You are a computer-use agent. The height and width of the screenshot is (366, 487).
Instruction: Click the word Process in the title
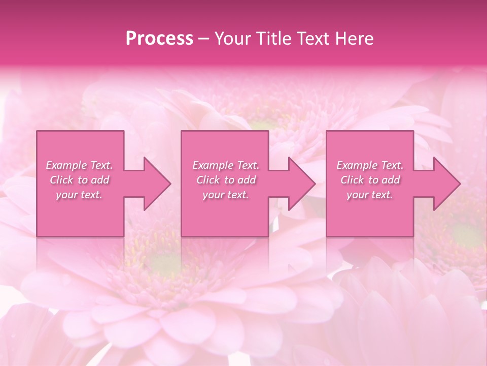tap(159, 39)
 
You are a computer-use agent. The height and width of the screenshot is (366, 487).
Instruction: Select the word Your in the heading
tap(231, 39)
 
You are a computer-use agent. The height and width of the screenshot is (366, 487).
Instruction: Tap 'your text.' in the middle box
tap(226, 195)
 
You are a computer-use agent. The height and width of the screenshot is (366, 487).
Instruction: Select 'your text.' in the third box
tap(370, 195)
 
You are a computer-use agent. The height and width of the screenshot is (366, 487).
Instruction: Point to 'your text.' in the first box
tap(79, 195)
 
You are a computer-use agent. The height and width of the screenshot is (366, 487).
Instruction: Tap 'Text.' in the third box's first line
tap(392, 165)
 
